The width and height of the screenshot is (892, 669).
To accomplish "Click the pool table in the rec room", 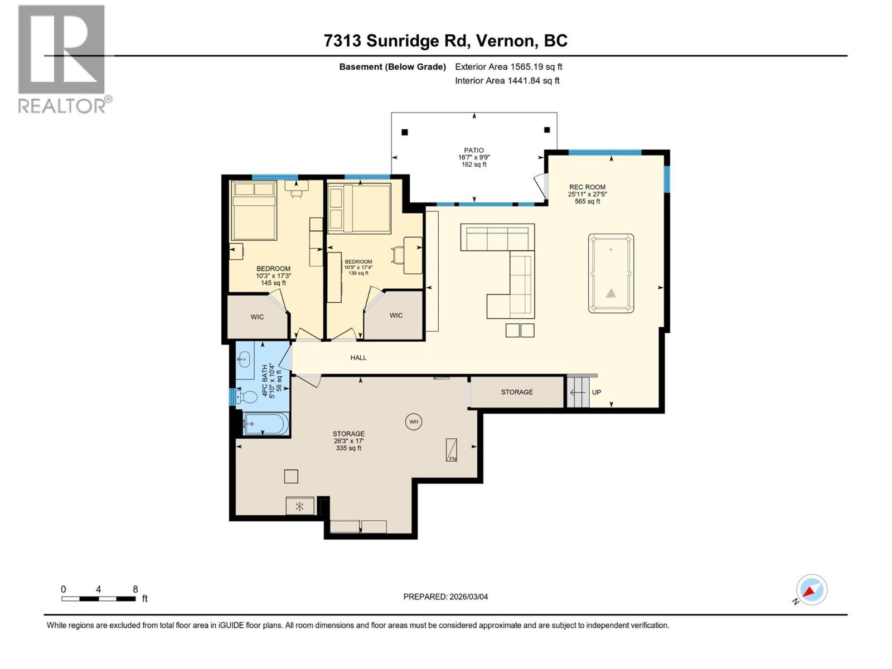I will tap(610, 273).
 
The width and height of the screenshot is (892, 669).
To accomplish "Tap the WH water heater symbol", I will tap(413, 421).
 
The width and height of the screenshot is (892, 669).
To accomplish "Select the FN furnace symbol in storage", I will tap(452, 450).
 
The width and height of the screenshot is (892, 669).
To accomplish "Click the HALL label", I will tap(358, 358).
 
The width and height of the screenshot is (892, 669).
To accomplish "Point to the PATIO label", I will tap(474, 150).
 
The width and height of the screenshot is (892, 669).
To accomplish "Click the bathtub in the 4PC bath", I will tap(266, 425).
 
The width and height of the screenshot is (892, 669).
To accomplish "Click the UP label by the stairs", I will tap(596, 392).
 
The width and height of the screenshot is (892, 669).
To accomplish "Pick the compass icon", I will tap(811, 590).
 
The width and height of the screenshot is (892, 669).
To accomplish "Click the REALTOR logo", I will tap(62, 59).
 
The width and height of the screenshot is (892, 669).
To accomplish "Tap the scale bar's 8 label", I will tap(135, 589).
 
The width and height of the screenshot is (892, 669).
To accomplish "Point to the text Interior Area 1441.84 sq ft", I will tap(507, 81).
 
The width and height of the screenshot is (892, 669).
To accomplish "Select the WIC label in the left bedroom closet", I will tap(257, 317).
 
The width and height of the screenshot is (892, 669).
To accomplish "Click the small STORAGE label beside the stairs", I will tap(517, 392).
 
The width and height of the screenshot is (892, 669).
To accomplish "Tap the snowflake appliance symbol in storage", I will tap(299, 506).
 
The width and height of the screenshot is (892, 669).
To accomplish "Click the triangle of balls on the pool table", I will tap(611, 294).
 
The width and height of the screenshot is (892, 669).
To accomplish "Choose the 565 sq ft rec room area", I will tap(587, 202).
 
